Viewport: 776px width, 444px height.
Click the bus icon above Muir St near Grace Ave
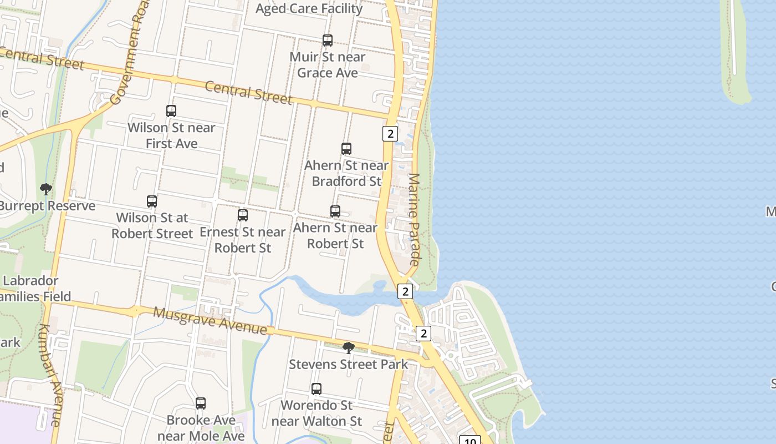(328, 41)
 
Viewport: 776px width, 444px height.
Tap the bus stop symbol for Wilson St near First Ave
(171, 111)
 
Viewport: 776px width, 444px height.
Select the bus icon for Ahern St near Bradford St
(346, 149)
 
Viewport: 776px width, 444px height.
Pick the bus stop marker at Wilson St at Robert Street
(152, 201)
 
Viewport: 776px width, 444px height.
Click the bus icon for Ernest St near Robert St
(243, 215)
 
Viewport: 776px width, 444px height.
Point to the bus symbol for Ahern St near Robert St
(335, 211)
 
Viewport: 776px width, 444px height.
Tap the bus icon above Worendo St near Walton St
(316, 389)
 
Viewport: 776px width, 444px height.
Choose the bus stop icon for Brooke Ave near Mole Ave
(201, 403)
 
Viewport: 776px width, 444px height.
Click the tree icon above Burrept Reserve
(46, 189)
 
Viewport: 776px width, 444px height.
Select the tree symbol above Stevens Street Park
(349, 348)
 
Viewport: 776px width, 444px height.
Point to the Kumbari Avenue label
(50, 375)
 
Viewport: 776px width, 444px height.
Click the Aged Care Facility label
(309, 8)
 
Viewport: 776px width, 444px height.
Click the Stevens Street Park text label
(348, 365)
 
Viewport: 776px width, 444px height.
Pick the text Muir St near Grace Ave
(328, 64)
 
